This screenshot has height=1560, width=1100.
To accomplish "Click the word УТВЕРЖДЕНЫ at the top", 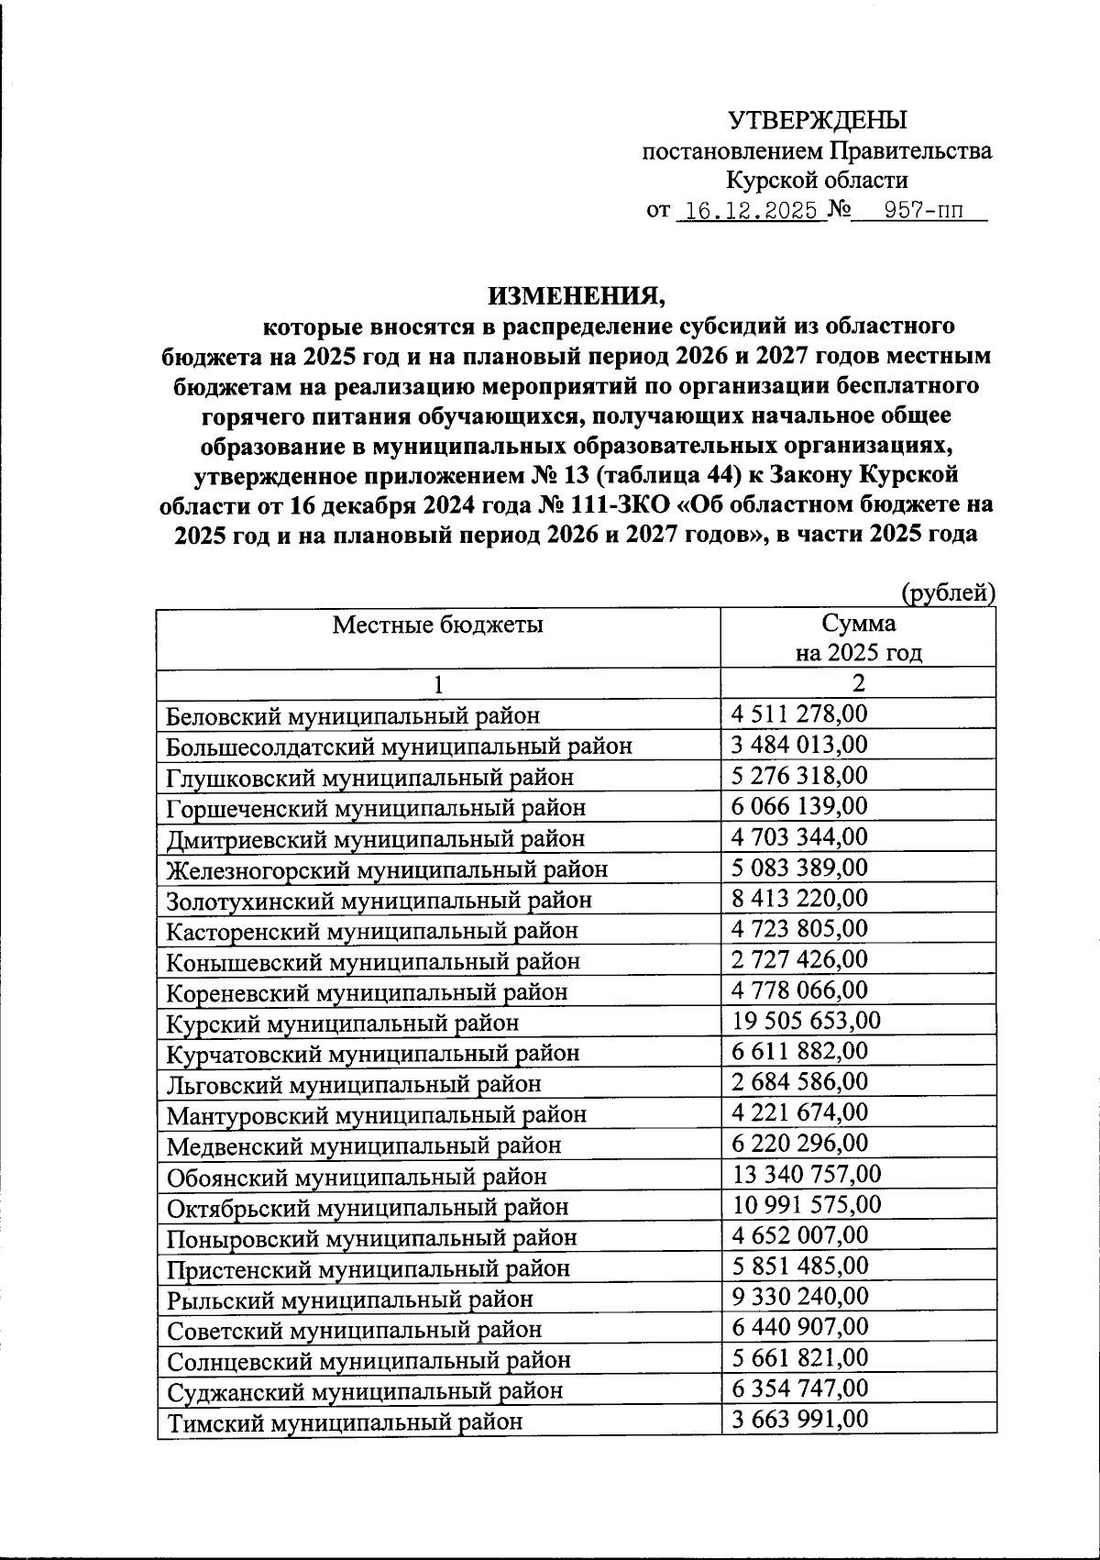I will pos(817,120).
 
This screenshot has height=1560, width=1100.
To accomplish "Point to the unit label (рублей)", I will pos(948,593).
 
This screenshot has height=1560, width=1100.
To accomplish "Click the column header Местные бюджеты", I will pos(437,625).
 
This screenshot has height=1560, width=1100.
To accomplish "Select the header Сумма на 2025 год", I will pos(858,638).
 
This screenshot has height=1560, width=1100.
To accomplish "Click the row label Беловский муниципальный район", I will pos(353,715).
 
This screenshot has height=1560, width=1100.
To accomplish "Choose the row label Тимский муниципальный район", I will pos(345,1422).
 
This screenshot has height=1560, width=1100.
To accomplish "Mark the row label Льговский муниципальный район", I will pos(354,1084).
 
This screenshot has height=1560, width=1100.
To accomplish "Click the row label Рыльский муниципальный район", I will pos(349,1299).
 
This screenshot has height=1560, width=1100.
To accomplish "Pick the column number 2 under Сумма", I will pos(858,683).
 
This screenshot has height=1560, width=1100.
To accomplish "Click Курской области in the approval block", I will pos(817,181).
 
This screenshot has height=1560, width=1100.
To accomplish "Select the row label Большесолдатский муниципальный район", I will pos(399,746).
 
